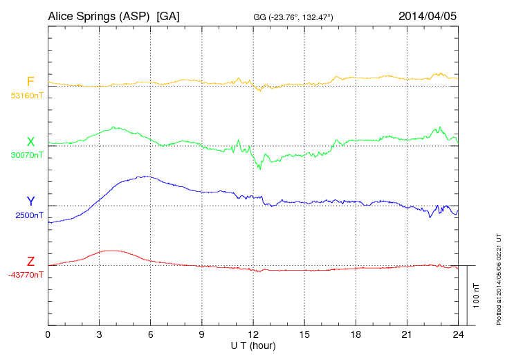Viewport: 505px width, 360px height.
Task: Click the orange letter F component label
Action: (30, 82)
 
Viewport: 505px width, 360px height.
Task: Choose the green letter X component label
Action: (30, 142)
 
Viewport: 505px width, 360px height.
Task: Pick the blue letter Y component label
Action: (30, 201)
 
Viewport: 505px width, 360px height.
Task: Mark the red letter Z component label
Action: (30, 262)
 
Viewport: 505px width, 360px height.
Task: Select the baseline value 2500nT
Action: (28, 215)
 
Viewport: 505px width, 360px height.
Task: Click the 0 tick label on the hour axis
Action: (48, 335)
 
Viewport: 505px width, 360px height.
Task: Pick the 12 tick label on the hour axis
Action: (253, 335)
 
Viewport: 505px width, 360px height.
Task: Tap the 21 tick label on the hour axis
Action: (407, 335)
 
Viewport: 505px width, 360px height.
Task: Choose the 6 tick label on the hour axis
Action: (150, 335)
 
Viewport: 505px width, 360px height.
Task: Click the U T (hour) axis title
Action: (252, 345)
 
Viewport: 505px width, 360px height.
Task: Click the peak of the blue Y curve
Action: (145, 176)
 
